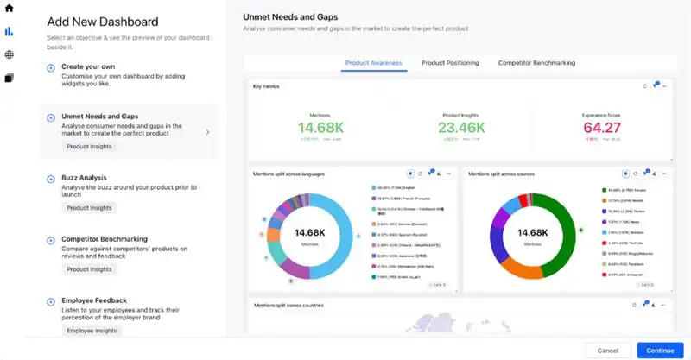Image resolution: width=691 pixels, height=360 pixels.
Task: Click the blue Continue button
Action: point(660,350)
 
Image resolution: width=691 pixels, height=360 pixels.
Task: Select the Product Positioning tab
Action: point(450,63)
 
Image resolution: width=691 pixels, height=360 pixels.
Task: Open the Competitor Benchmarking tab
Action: point(536,63)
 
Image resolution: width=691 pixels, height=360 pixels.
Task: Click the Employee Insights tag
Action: point(92,331)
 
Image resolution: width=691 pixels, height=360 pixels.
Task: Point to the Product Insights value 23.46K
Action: point(462,128)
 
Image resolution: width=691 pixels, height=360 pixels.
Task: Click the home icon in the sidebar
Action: point(10,9)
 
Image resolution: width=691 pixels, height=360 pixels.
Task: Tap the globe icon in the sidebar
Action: point(10,54)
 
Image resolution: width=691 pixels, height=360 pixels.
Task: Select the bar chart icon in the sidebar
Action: point(10,32)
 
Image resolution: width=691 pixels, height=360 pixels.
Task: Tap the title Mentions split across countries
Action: point(288,305)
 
